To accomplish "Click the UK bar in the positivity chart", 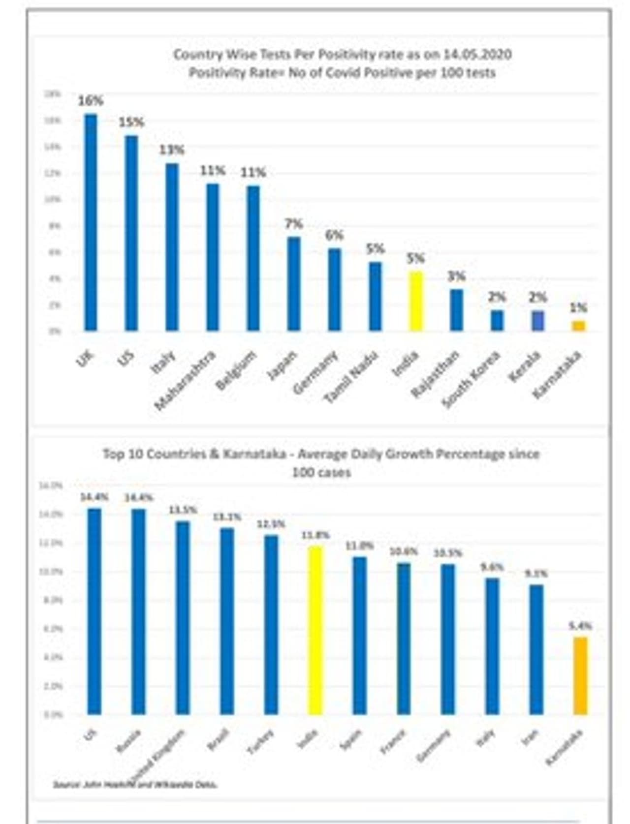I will [x=91, y=222].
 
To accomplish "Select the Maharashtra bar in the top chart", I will [x=213, y=257].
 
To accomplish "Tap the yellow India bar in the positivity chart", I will [x=416, y=301].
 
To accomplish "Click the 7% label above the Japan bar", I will [x=293, y=225].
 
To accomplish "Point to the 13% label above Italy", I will [x=171, y=150].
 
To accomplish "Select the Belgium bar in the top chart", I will [x=253, y=258].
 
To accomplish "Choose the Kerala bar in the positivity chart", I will [x=538, y=321].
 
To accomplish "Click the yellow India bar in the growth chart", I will [x=315, y=630].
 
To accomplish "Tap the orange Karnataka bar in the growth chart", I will [x=581, y=676].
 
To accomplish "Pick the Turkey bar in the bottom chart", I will [x=271, y=625].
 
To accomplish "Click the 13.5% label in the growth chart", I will [x=183, y=510].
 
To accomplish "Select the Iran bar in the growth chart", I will [x=536, y=649].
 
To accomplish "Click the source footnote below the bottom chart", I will [x=135, y=785].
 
